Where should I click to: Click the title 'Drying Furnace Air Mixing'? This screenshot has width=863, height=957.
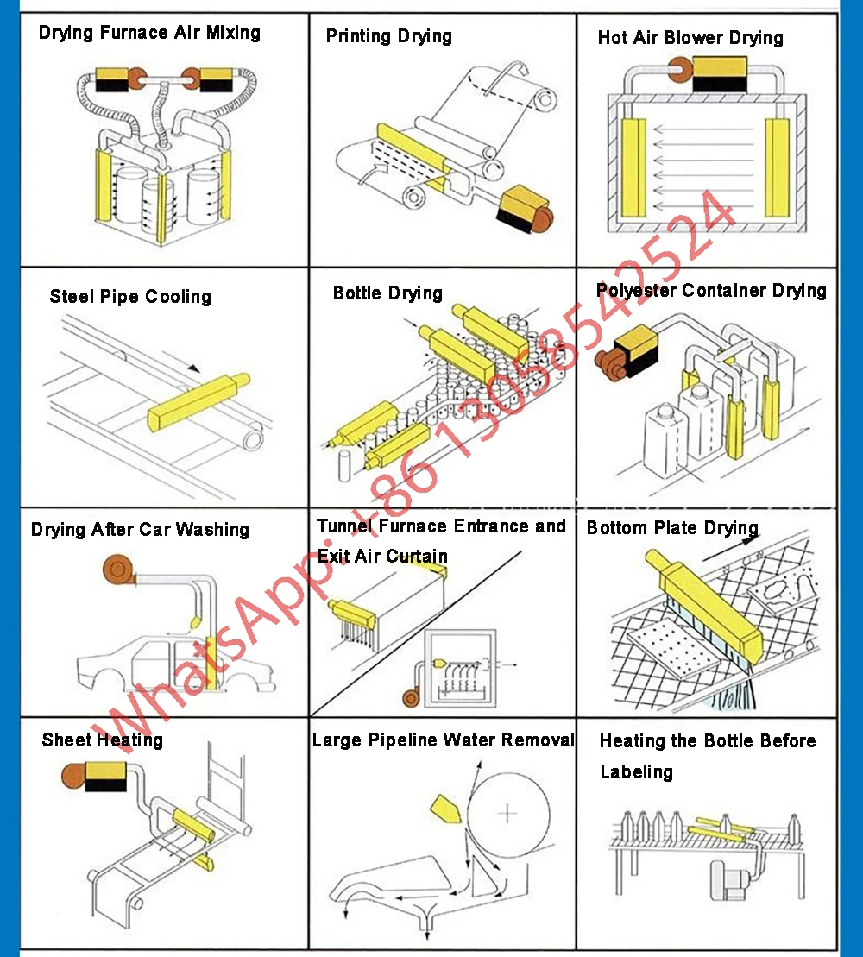149,34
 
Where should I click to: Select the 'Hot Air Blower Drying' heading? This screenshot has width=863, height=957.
690,38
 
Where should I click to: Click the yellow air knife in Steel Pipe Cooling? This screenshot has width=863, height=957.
197,402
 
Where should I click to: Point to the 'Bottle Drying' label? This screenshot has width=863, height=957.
387,293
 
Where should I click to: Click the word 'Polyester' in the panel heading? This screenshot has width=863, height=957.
636,291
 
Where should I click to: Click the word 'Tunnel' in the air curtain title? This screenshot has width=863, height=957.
344,526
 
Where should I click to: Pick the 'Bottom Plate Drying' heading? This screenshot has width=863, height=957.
672,528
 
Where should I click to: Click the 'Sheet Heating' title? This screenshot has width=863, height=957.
102,740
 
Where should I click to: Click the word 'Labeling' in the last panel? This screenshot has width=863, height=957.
636,771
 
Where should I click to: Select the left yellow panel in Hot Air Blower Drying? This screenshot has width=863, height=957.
633,167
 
